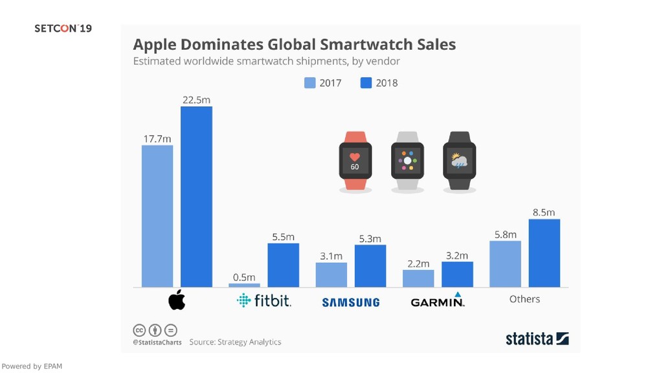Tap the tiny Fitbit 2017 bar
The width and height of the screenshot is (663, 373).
[x=244, y=285]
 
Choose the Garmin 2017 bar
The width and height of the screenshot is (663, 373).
[x=418, y=278]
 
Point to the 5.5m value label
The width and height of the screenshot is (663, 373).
[x=283, y=237]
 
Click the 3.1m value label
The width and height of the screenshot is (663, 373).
[x=331, y=256]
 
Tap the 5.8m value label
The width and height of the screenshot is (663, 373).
[x=505, y=234]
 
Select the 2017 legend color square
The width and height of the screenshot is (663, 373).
[x=310, y=83]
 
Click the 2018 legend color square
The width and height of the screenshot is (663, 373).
[x=366, y=83]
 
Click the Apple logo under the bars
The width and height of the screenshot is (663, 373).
[x=177, y=300]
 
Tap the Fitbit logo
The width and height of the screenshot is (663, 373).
[x=264, y=300]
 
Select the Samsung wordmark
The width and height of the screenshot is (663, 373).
[x=350, y=302]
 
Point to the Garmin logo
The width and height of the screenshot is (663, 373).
[x=438, y=301]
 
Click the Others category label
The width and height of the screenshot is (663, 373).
[x=524, y=299]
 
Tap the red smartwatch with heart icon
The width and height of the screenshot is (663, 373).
[x=355, y=161]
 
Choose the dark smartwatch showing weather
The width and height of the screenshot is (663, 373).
[x=459, y=161]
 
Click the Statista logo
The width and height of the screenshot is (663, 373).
[x=537, y=339]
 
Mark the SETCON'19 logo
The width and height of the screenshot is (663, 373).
[x=63, y=28]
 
